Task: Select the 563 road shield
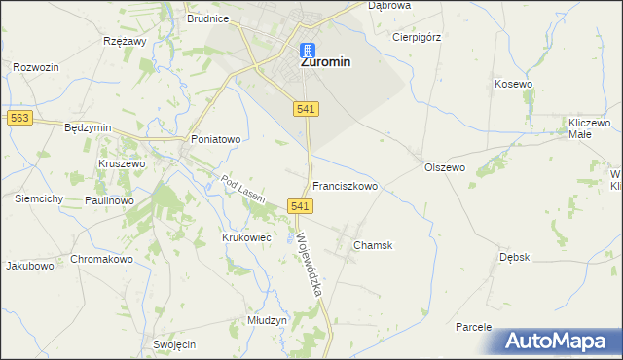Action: click(18, 118)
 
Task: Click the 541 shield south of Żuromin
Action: click(304, 110)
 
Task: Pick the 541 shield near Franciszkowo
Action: click(300, 206)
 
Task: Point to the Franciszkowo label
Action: click(345, 185)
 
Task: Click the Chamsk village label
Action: click(373, 245)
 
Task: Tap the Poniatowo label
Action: click(215, 139)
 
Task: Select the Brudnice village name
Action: click(208, 18)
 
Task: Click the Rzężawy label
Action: click(124, 42)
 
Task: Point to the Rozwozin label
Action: click(37, 67)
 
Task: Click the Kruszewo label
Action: click(122, 164)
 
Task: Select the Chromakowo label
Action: click(101, 260)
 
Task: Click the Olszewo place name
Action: click(445, 167)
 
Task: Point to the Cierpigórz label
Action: click(416, 38)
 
